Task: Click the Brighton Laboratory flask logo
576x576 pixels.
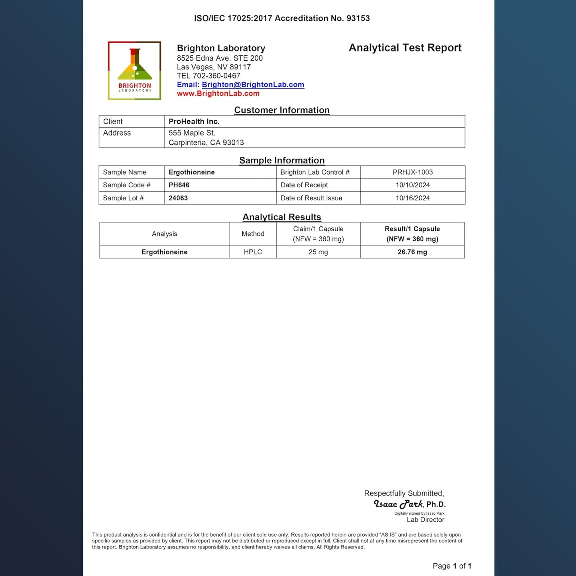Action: coord(134,71)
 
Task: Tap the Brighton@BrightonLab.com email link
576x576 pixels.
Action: coord(253,85)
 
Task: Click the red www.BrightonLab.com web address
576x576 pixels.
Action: coord(218,94)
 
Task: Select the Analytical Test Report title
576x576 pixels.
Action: coord(405,48)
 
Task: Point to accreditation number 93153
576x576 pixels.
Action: coord(358,18)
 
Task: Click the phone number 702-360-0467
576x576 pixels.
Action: coord(216,76)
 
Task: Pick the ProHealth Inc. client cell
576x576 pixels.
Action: coord(194,122)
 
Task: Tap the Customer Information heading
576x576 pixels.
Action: coord(282,110)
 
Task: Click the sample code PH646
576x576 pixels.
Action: coord(179,185)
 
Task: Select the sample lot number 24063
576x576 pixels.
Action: coord(178,198)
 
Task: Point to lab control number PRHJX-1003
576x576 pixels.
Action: coord(413,172)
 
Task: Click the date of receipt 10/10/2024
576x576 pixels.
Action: coord(413,185)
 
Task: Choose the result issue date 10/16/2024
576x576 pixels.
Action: coord(413,198)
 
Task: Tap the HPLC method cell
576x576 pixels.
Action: coord(253,252)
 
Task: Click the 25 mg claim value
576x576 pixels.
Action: coord(318,252)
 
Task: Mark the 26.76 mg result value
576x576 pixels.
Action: coord(412,252)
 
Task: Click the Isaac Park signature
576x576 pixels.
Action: coord(398,504)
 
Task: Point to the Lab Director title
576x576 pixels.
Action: coord(425,520)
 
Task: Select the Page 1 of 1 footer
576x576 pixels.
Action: coord(452,566)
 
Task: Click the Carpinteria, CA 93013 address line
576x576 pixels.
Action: coord(206,143)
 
